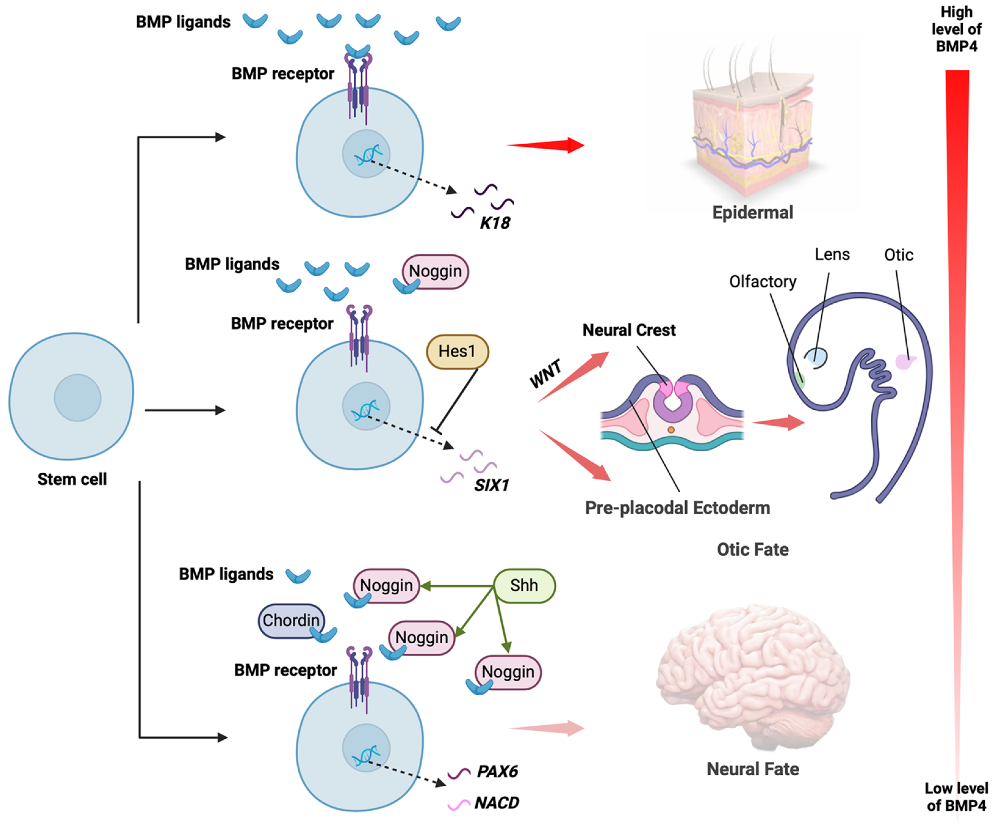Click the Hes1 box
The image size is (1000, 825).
point(457,352)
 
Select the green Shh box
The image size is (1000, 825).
point(524,586)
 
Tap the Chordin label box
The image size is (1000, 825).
point(291,620)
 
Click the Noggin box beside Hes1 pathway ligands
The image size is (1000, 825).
point(435,271)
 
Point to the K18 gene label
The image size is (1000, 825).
point(494,223)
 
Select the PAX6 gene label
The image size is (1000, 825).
point(497,771)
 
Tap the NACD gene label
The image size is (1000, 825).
point(497,803)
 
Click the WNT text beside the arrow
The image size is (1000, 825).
point(546,373)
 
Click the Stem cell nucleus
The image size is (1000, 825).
point(77,398)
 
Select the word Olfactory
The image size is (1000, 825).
point(762,282)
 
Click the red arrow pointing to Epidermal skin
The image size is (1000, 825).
point(546,145)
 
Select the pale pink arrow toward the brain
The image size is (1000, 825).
point(546,728)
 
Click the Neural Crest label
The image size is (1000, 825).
point(629,330)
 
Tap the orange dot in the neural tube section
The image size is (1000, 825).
point(671,430)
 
